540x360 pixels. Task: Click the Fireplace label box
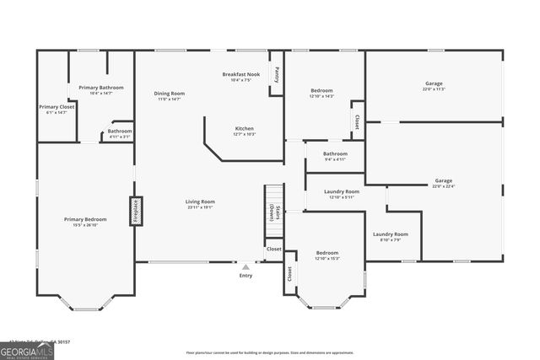tap(135, 210)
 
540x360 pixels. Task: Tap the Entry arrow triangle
tap(246, 267)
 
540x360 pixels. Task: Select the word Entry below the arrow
tap(246, 276)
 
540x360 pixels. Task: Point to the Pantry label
tap(278, 74)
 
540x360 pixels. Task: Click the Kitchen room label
tap(245, 131)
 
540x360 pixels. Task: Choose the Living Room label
tap(201, 203)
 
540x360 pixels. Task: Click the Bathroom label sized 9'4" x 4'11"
tap(335, 155)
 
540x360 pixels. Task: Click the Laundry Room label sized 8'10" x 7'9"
tap(391, 236)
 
